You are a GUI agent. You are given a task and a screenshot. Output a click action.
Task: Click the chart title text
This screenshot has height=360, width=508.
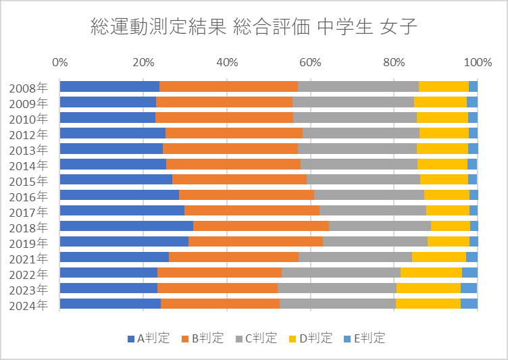click(254, 28)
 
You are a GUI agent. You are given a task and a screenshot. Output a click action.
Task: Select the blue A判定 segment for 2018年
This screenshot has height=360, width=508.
click(126, 226)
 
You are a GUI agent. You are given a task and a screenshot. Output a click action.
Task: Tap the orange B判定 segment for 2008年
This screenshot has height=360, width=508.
click(228, 86)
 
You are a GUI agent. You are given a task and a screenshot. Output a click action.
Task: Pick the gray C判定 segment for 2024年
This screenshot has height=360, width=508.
click(337, 303)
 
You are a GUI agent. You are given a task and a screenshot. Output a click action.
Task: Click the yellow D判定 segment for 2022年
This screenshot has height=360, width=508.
click(431, 272)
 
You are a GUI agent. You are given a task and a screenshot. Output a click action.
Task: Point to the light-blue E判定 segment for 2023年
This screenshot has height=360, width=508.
click(469, 288)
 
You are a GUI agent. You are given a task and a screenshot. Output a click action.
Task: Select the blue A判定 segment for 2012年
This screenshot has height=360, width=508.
click(113, 132)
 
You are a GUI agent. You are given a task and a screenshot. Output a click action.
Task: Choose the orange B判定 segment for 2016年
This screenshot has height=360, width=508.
click(247, 195)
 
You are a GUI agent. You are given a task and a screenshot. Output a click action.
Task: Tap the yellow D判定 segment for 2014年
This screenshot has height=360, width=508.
click(442, 163)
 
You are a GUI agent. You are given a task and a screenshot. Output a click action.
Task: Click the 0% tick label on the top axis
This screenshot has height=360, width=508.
click(59, 63)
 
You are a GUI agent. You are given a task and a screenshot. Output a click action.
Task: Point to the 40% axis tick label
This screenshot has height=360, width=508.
click(227, 63)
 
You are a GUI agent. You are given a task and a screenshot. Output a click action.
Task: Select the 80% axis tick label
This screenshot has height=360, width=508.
click(394, 63)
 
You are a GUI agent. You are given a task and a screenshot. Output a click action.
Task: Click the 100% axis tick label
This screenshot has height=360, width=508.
click(478, 63)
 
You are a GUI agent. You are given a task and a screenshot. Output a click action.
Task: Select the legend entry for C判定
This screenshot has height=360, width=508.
click(256, 338)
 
